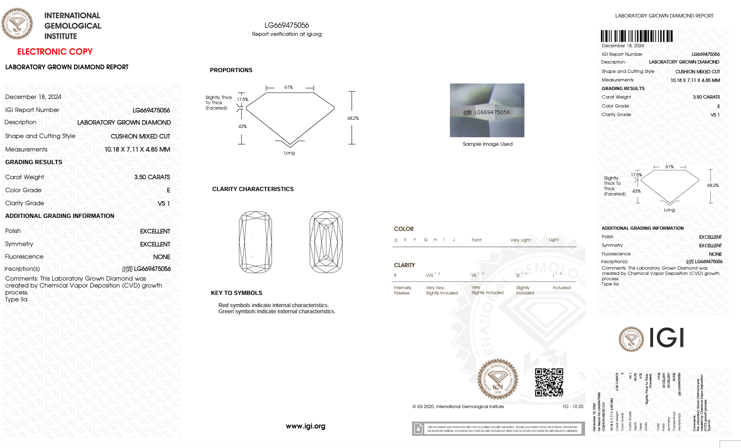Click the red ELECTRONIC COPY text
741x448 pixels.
pos(55,52)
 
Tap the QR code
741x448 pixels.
pos(549,382)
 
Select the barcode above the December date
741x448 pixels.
pos(636,36)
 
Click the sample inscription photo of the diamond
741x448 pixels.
pos(487,110)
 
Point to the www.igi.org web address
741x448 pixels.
pos(305,426)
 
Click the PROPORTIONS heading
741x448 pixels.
pos(231,70)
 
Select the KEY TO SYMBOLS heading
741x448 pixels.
pos(236,293)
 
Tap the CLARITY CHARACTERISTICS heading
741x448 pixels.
pos(253,189)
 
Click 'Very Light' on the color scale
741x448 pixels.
pos(520,240)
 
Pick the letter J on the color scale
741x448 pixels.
pos(454,239)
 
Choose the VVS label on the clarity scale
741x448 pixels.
pos(430,275)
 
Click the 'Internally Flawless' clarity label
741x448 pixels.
pos(402,290)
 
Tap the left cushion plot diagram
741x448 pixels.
pos(255,242)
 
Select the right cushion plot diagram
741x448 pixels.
pos(326,242)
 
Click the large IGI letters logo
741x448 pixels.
pos(666,338)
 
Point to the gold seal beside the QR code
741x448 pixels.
pos(498,379)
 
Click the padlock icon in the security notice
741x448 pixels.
pos(418,428)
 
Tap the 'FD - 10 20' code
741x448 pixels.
pos(573,406)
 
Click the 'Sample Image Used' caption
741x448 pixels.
pos(487,144)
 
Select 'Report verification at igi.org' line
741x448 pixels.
pos(287,34)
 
